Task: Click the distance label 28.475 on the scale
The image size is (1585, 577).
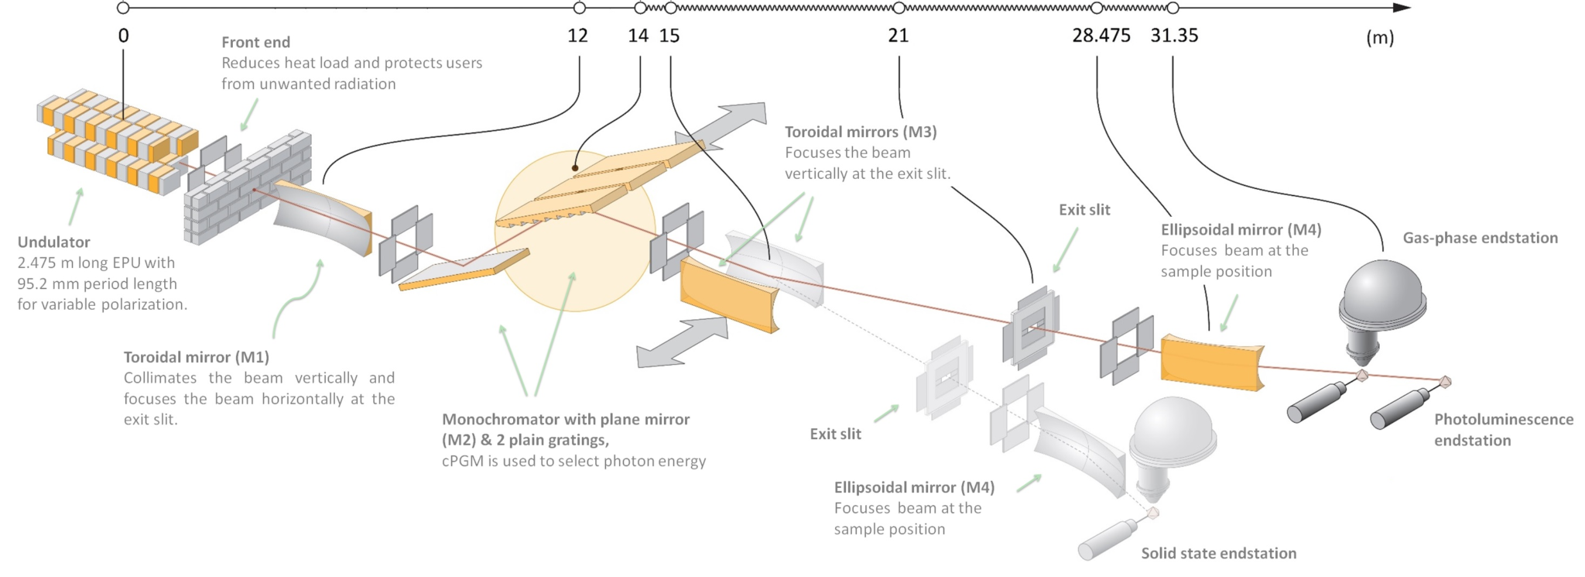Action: point(1101,36)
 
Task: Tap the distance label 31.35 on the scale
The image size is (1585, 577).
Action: point(1173,36)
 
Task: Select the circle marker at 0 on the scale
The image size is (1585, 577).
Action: point(123,8)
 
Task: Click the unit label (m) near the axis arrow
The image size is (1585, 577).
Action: point(1379,37)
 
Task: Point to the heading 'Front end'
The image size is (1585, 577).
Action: point(255,43)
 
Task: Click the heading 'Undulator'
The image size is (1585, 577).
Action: point(53,242)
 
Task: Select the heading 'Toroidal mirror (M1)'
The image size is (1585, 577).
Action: point(196,357)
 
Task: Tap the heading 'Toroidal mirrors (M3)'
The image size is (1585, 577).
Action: point(860,132)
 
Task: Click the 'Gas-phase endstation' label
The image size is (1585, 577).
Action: point(1480,239)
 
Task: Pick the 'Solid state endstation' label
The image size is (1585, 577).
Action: point(1218,553)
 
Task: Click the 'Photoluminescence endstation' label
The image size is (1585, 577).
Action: point(1503,430)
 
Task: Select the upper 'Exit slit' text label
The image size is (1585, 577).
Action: point(1083,210)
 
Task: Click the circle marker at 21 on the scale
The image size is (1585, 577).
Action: point(899,8)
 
